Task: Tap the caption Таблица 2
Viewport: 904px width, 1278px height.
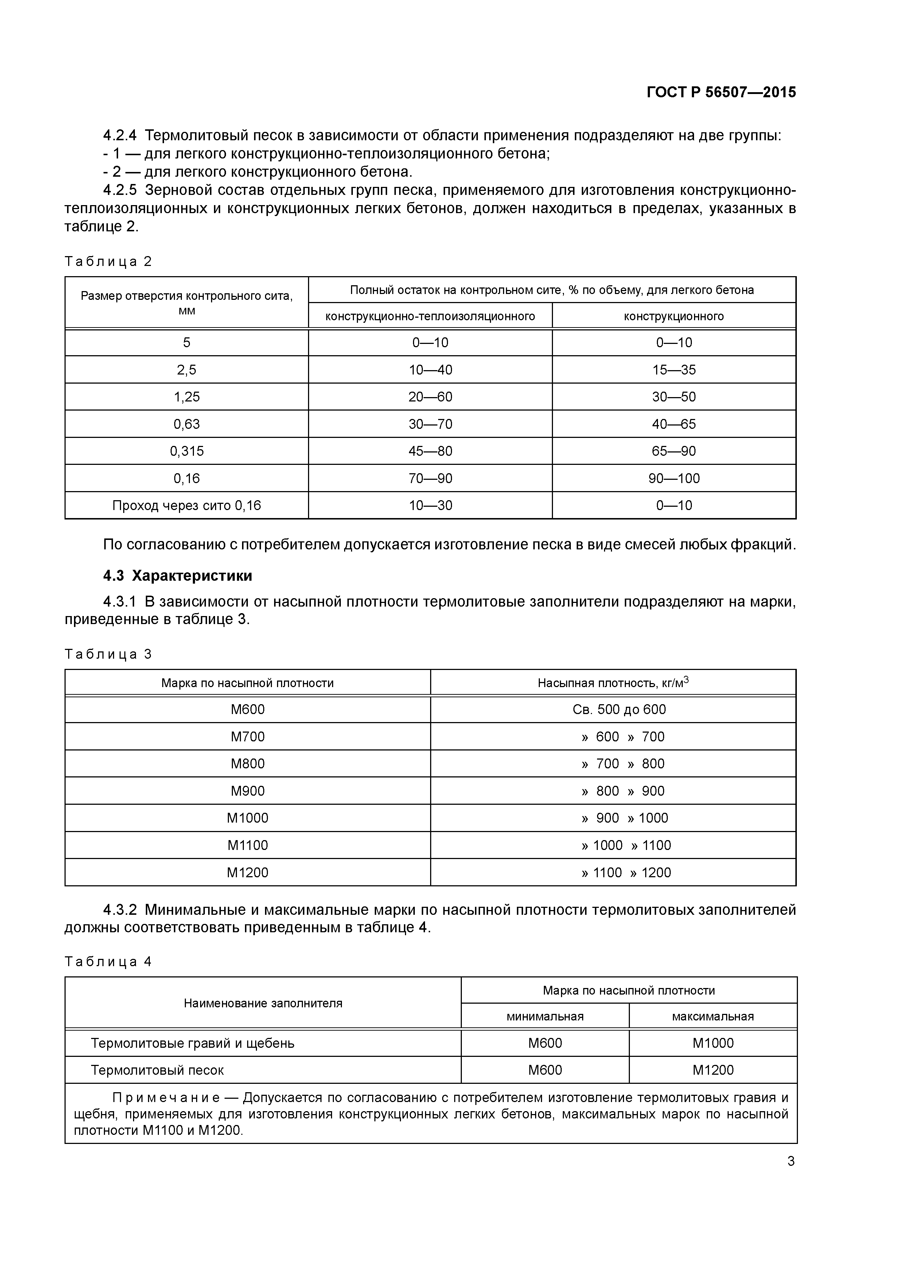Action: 108,262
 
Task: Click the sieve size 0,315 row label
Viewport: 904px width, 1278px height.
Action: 187,451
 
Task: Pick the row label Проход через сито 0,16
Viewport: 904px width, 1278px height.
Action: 187,505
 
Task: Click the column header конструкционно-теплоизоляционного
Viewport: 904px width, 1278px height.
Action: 430,316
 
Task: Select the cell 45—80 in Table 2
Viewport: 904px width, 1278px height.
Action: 430,451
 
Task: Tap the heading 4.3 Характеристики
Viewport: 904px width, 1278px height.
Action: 177,576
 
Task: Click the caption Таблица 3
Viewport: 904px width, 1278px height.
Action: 108,654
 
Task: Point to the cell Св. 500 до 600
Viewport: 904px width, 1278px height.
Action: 619,709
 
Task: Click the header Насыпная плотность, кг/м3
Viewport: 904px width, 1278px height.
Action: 613,682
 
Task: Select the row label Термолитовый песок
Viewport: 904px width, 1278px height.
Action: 157,1070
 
